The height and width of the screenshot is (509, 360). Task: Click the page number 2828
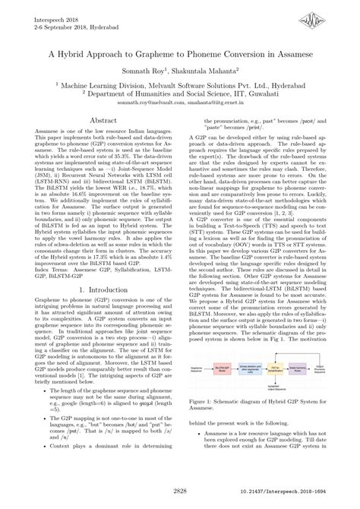click(x=179, y=492)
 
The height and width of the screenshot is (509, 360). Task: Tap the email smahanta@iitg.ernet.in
click(x=213, y=101)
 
